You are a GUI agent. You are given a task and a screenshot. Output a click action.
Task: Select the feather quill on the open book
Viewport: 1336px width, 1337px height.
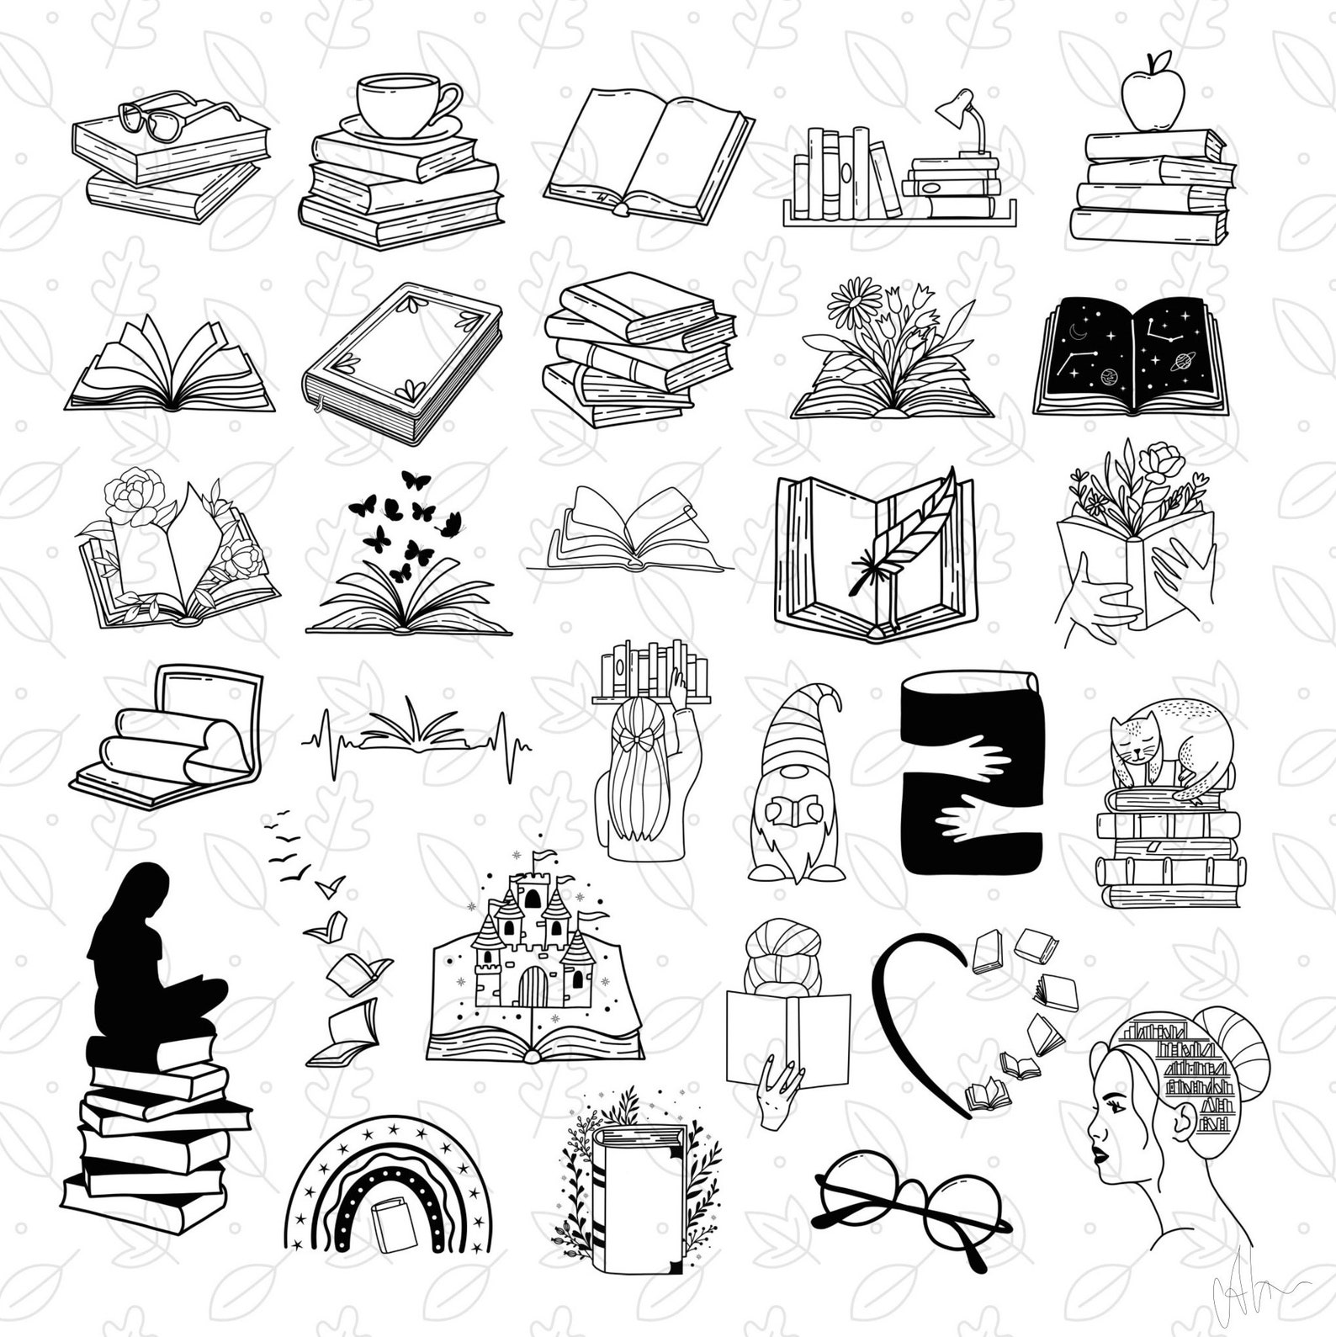point(900,539)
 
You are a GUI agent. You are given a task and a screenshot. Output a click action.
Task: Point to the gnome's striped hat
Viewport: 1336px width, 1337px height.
point(803,728)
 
